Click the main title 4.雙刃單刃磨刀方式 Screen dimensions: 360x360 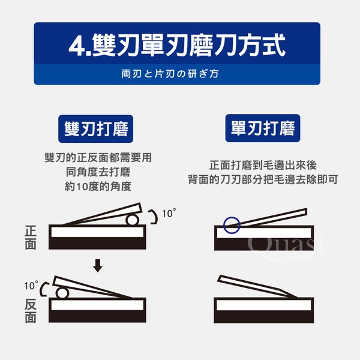(x=177, y=45)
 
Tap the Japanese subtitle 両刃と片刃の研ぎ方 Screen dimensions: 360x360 (x=170, y=74)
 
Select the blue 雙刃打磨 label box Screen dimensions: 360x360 (x=96, y=129)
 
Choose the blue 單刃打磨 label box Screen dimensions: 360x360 (x=263, y=128)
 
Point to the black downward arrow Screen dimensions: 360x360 (x=98, y=266)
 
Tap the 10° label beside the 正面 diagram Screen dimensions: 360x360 (x=169, y=213)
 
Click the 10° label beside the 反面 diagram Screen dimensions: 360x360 (x=31, y=286)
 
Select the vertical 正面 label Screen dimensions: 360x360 (x=31, y=238)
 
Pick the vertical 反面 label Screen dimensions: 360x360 (x=31, y=311)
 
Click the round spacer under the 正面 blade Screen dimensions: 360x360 (x=133, y=220)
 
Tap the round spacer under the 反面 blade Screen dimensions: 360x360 (x=62, y=293)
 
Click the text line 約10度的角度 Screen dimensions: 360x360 (x=98, y=187)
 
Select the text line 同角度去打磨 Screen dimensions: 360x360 (x=98, y=172)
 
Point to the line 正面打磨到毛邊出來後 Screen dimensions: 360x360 (x=263, y=165)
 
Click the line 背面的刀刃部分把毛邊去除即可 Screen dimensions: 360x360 (x=263, y=179)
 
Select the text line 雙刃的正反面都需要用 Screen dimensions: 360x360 (x=98, y=158)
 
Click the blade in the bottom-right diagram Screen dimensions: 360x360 (x=257, y=286)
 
